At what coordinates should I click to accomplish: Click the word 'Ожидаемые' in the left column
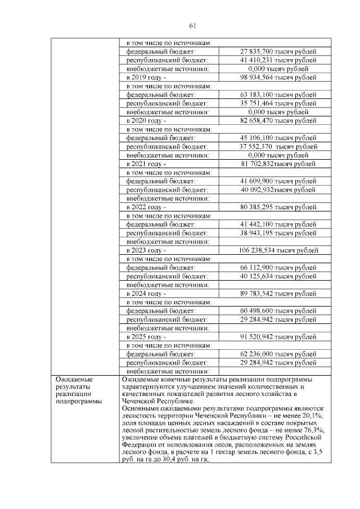click(x=73, y=380)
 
